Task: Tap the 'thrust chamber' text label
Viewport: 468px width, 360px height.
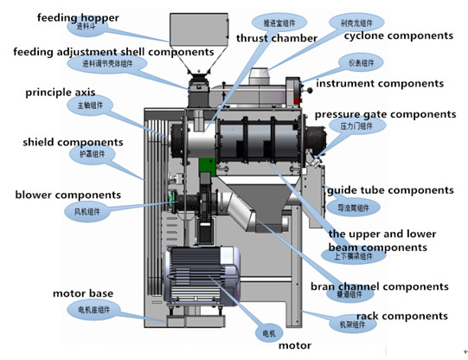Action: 276,38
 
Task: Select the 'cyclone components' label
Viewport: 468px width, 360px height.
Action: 398,35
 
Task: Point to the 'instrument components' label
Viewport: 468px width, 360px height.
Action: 380,83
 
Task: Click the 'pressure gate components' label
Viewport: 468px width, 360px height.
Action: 385,114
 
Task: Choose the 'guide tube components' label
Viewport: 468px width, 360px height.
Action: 389,190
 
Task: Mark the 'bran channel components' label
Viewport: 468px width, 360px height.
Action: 379,286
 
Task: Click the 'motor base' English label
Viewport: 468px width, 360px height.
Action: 81,293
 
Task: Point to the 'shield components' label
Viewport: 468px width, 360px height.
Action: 67,142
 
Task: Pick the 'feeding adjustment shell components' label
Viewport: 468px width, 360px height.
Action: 113,52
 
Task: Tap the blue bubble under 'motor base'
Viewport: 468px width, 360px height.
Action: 94,309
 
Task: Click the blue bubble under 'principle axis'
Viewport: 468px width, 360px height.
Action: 88,106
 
